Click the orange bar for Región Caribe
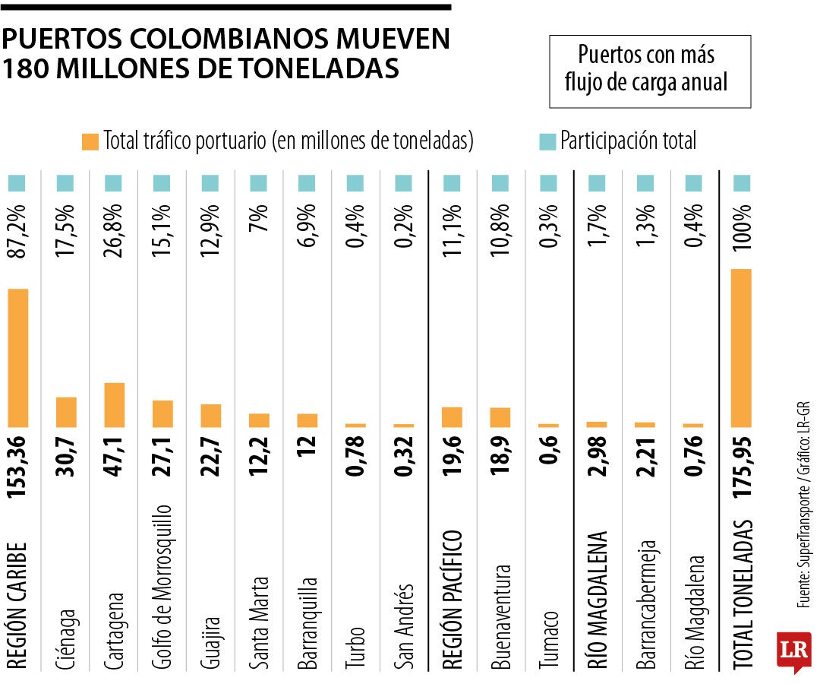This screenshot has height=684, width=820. tap(18, 358)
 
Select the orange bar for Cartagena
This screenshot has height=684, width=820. tap(115, 404)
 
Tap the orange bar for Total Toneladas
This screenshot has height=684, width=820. tap(741, 348)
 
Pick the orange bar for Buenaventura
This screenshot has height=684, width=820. tap(500, 417)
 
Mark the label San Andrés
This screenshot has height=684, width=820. tap(404, 627)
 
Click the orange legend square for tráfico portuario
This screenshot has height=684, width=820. tap(90, 141)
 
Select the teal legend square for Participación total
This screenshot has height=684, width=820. tap(547, 141)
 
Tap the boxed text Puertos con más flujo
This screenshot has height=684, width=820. tap(649, 70)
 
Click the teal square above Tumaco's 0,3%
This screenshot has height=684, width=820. tap(549, 183)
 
